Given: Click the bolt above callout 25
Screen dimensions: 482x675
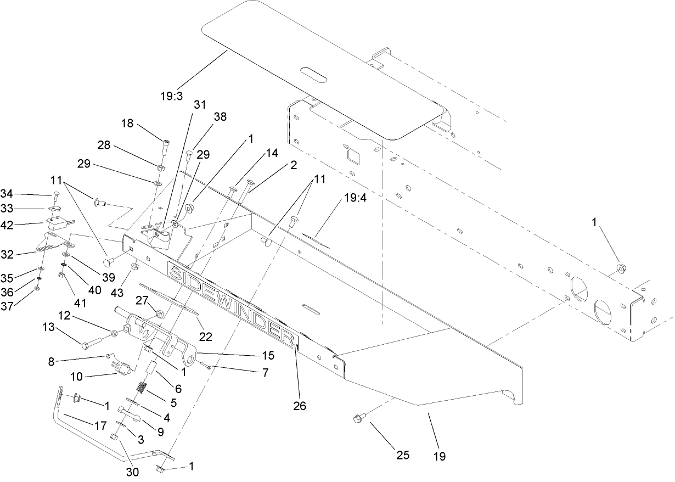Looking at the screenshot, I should point(357,420).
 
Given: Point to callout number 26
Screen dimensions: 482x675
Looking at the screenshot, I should point(300,406).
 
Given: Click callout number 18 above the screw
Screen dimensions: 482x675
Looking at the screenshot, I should point(127,125).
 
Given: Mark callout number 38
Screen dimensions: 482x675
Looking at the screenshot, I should point(220,117).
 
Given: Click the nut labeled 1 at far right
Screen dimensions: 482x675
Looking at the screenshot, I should point(621,268).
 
